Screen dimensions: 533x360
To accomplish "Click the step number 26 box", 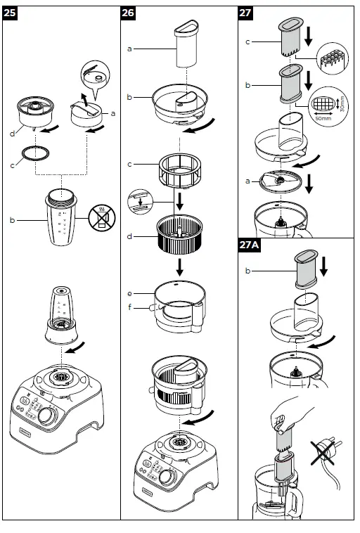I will (129, 13).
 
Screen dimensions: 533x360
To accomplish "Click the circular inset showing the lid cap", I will (94, 76).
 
